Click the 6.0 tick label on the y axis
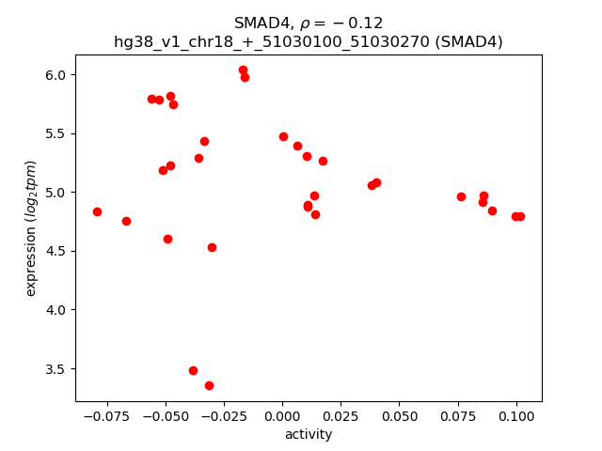(56, 75)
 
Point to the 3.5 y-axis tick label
(56, 369)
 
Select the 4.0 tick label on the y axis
(56, 310)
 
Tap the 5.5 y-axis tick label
(56, 133)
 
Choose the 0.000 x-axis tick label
(282, 415)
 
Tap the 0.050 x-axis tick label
(399, 415)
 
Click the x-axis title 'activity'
(309, 434)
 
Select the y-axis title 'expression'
(31, 228)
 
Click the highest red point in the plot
(243, 70)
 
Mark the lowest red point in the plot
(209, 385)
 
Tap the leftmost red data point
(97, 211)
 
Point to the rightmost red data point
(520, 216)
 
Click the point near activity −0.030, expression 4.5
(212, 247)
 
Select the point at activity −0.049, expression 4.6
(167, 239)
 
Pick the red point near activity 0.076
(461, 196)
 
